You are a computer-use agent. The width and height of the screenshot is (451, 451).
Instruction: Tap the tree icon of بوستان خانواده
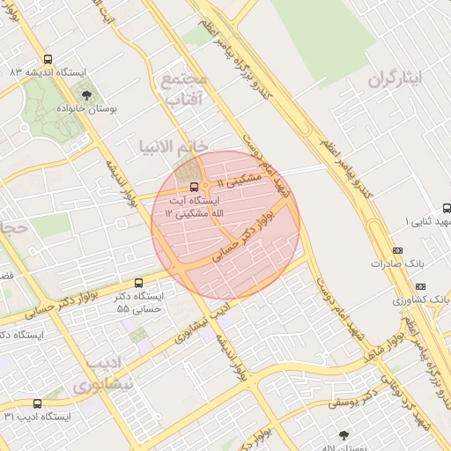click(85, 96)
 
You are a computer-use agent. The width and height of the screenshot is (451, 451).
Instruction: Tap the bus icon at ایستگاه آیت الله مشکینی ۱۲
click(194, 186)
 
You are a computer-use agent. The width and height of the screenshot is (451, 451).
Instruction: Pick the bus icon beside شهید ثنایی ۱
click(446, 209)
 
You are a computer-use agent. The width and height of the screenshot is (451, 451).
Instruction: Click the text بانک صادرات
click(392, 263)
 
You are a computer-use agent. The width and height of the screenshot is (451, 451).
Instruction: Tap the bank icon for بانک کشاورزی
click(419, 286)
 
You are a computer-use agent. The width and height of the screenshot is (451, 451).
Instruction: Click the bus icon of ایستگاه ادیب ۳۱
click(36, 403)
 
